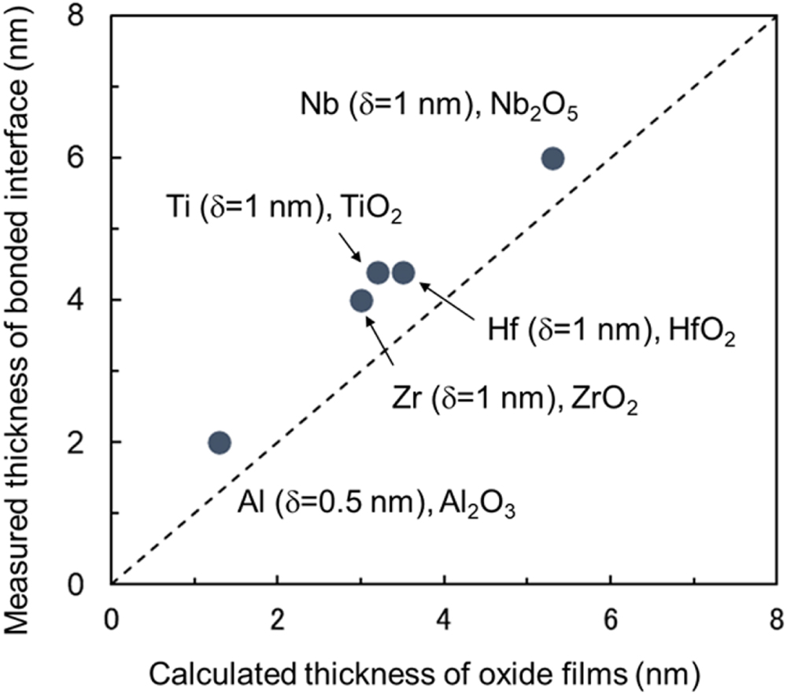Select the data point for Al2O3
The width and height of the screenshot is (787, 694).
click(x=219, y=442)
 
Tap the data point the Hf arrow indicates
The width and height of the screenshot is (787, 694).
click(x=403, y=273)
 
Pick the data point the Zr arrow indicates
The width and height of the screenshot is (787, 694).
click(x=361, y=301)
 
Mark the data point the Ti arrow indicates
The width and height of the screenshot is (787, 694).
click(x=378, y=273)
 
